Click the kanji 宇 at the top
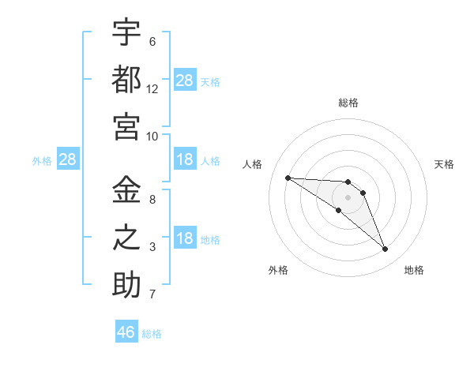point(126,32)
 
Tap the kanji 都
point(126,80)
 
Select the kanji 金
point(126,189)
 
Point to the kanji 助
point(126,284)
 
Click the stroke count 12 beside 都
point(152,89)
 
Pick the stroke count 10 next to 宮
point(152,137)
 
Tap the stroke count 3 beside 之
point(152,247)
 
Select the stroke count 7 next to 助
point(152,294)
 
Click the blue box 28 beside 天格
point(185,80)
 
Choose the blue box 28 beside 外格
point(68,159)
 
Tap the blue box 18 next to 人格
point(185,159)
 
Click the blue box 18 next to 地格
point(185,237)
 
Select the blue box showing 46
point(126,331)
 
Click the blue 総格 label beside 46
point(152,334)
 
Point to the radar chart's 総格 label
point(348,103)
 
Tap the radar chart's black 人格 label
point(252,164)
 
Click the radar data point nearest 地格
point(385,249)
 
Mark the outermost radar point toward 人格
point(288,178)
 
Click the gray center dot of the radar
point(348,197)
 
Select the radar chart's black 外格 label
point(278,270)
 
